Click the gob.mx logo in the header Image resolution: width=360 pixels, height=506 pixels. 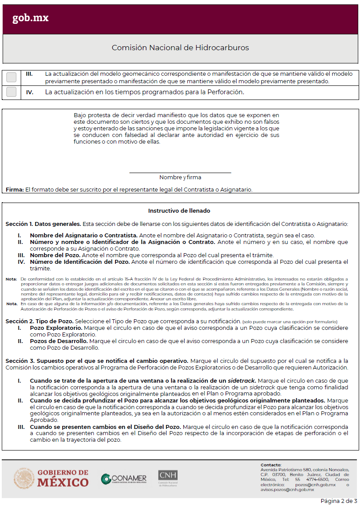tap(30, 18)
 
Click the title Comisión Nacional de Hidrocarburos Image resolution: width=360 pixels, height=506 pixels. tap(180, 48)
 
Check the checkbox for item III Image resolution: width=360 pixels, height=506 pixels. tap(11, 78)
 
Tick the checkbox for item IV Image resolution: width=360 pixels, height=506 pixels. tap(11, 92)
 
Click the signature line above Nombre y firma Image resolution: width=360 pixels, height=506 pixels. tap(180, 173)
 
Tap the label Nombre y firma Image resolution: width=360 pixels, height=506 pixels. tap(180, 177)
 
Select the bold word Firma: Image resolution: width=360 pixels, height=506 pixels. tap(15, 189)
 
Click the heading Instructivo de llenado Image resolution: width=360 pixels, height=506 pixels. tap(179, 211)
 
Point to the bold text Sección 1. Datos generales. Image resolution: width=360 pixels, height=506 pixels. tap(43, 224)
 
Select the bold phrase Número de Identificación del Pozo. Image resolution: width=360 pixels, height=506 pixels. tap(80, 262)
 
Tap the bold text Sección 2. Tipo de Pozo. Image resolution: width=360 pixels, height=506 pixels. tap(39, 321)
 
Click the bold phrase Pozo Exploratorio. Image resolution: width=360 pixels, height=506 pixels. tap(56, 328)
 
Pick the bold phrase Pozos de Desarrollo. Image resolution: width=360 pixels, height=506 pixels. tap(59, 341)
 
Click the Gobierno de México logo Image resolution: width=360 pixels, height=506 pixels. tap(51, 478)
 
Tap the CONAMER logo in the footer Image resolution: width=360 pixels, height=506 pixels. tap(124, 479)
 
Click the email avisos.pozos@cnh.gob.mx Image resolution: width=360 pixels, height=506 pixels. tap(287, 489)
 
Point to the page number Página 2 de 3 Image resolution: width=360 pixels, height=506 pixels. tap(338, 501)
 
